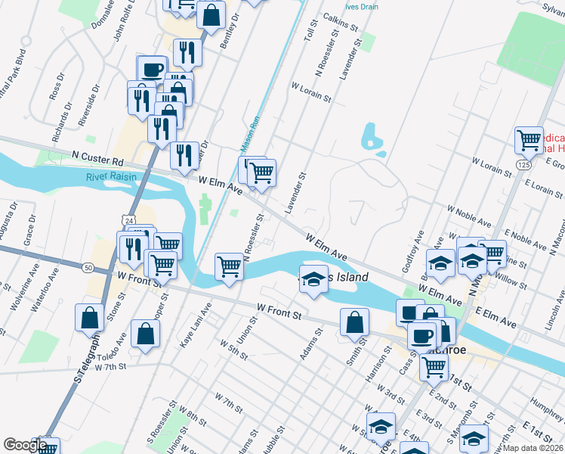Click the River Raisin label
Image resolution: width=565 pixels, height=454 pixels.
tap(112, 177)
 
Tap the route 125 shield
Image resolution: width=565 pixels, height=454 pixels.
tap(523, 164)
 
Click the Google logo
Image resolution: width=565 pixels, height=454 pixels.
tap(24, 445)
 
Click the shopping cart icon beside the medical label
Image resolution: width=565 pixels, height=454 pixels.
tap(529, 139)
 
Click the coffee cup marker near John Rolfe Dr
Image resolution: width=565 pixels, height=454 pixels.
tap(151, 68)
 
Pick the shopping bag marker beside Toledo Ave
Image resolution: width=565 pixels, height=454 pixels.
tap(145, 333)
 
